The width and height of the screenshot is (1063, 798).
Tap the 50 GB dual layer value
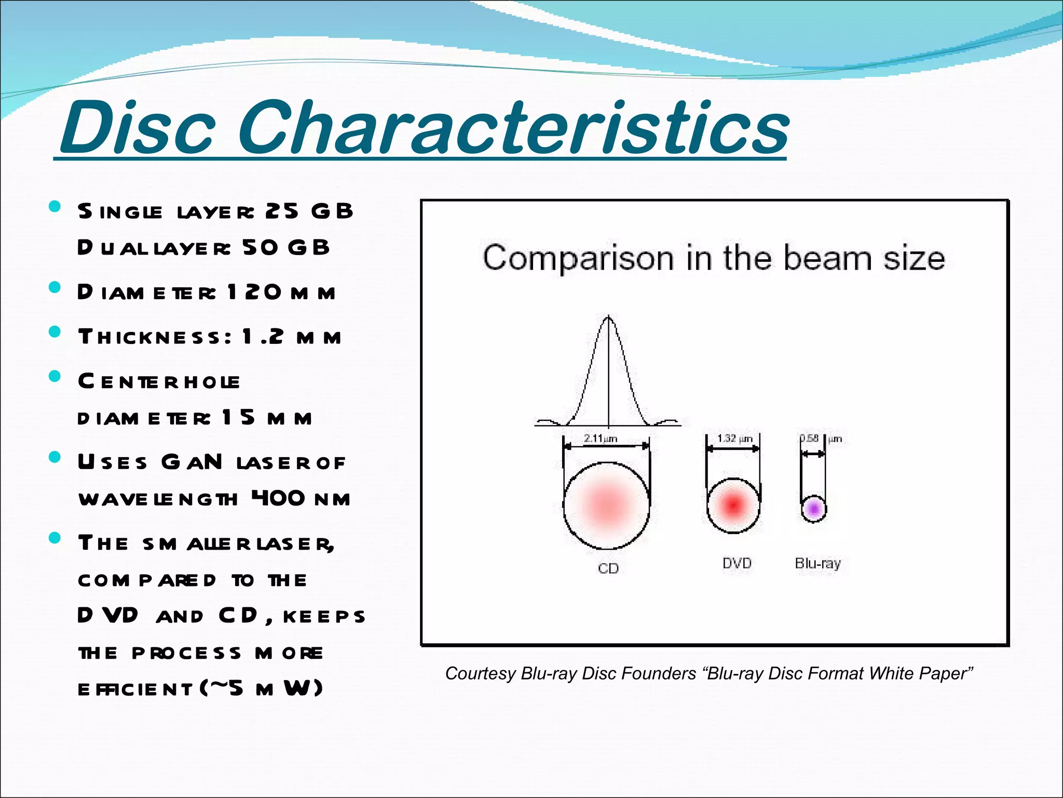point(285,248)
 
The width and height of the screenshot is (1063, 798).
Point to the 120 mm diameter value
point(281,292)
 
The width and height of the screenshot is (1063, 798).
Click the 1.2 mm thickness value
point(291,337)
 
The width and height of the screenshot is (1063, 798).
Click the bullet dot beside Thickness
point(54,331)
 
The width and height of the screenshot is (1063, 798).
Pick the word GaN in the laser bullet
point(192,462)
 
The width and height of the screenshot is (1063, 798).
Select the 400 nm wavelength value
point(301,499)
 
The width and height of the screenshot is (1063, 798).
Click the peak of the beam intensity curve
point(608,317)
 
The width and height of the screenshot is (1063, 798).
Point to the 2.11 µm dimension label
point(601,438)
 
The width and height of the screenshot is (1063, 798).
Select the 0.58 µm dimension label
point(820,438)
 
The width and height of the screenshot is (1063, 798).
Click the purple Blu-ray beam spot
point(813,508)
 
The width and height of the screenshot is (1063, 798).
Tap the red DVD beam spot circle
point(733,505)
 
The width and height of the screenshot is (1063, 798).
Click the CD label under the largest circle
point(608,568)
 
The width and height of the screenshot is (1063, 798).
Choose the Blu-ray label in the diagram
point(817,563)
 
